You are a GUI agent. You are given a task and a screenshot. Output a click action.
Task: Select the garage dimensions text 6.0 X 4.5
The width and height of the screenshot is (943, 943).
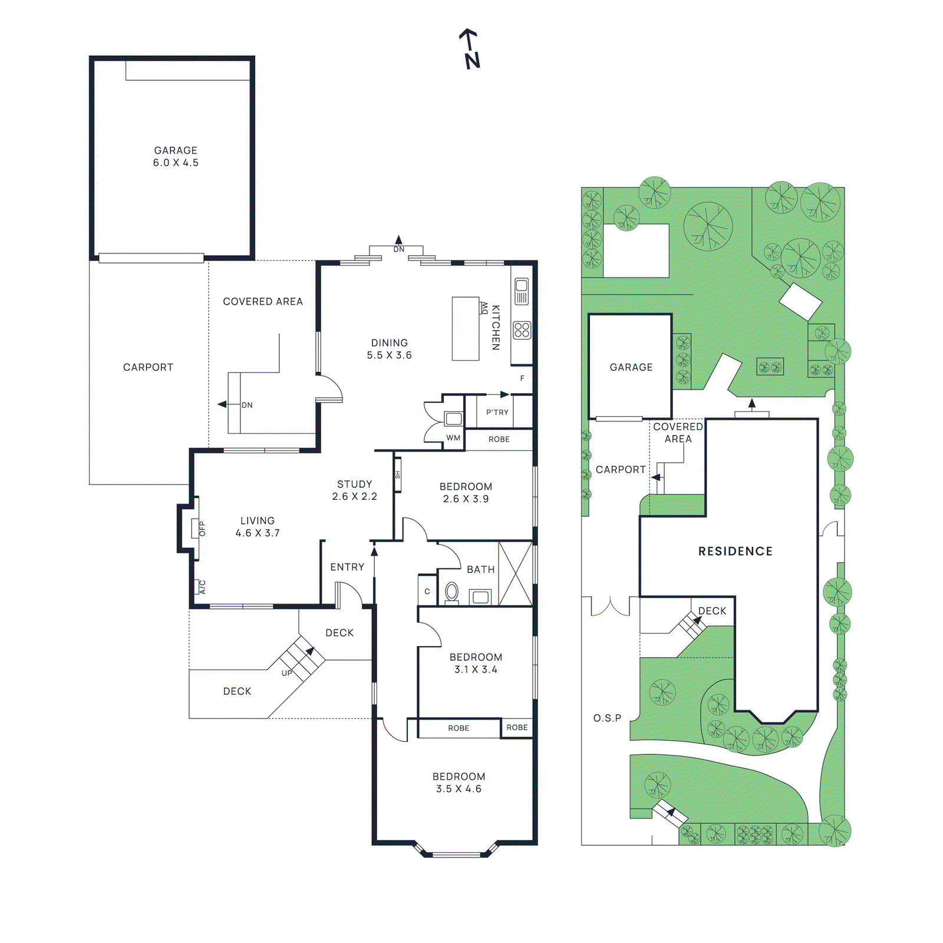pos(176,163)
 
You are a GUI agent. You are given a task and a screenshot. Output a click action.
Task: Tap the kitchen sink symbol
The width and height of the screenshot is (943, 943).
pos(522,291)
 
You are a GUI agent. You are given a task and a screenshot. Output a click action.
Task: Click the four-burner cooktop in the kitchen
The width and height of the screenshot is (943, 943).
pos(522,330)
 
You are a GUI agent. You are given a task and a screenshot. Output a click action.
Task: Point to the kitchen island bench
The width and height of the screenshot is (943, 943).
pos(465,328)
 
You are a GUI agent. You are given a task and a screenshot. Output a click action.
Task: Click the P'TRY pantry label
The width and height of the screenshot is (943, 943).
pos(497,413)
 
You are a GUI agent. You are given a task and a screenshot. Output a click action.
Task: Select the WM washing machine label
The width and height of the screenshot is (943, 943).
pos(453,438)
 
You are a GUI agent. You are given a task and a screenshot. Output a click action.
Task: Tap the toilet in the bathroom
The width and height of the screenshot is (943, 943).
pos(452,592)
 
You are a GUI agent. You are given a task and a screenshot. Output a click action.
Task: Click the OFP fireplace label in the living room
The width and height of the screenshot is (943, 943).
pos(202,528)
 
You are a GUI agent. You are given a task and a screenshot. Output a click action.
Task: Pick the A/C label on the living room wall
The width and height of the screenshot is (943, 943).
pos(202,587)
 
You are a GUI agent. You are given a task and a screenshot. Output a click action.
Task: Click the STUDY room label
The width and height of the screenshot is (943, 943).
pos(354,484)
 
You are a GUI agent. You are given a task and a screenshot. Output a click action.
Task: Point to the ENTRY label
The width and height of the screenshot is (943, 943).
pos(347,567)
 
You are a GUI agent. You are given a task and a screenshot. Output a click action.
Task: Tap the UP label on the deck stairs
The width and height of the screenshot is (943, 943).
pos(286,673)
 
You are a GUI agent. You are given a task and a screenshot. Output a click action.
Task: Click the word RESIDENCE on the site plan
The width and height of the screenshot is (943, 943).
pos(735,551)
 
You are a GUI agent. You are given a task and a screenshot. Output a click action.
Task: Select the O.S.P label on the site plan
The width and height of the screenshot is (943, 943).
pos(607,718)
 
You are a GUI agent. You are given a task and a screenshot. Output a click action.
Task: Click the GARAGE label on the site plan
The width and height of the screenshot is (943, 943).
pos(631,367)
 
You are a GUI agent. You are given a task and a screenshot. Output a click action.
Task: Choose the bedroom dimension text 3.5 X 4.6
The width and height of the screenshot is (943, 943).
pos(459,789)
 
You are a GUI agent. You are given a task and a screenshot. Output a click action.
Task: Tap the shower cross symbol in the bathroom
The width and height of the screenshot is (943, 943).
pos(515,573)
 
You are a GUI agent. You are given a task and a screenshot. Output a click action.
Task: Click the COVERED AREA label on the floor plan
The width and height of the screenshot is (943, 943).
pos(263,301)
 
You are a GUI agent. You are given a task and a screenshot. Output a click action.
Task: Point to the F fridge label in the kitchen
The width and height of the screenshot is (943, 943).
pos(522,378)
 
